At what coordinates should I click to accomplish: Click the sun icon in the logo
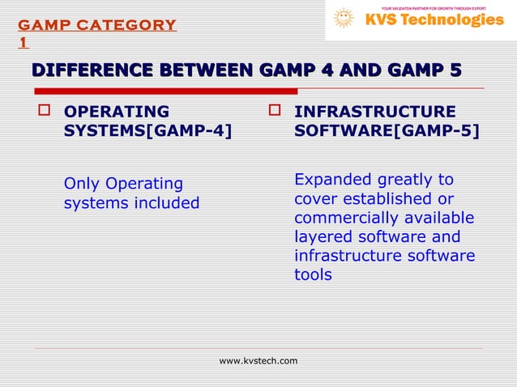pyautogui.click(x=344, y=19)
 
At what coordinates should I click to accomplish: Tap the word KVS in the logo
pyautogui.click(x=386, y=20)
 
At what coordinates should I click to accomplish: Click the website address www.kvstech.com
pyautogui.click(x=258, y=360)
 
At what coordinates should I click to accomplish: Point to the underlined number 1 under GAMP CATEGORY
pyautogui.click(x=23, y=42)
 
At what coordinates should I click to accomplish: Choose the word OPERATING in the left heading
pyautogui.click(x=117, y=112)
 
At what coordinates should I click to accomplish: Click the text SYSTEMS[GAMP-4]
pyautogui.click(x=147, y=131)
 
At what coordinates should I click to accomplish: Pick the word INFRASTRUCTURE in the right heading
pyautogui.click(x=374, y=112)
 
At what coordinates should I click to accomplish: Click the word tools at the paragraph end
pyautogui.click(x=313, y=275)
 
